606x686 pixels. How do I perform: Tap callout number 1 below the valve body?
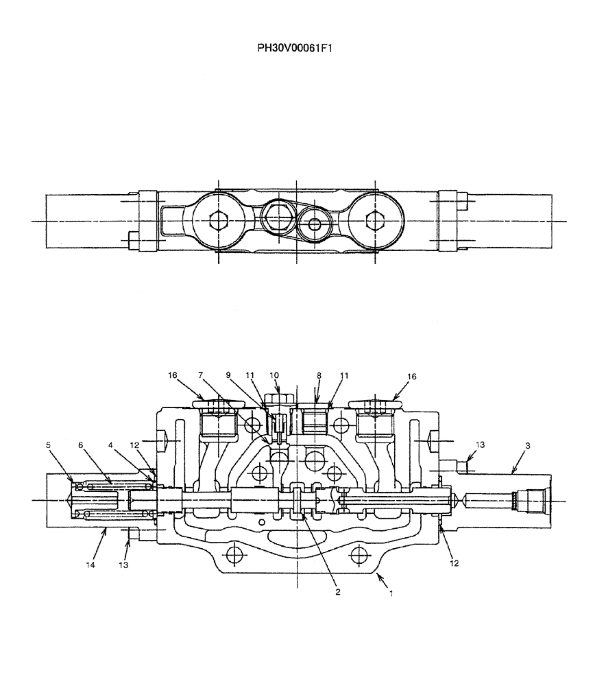tap(391, 593)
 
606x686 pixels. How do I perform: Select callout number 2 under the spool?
tap(337, 590)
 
